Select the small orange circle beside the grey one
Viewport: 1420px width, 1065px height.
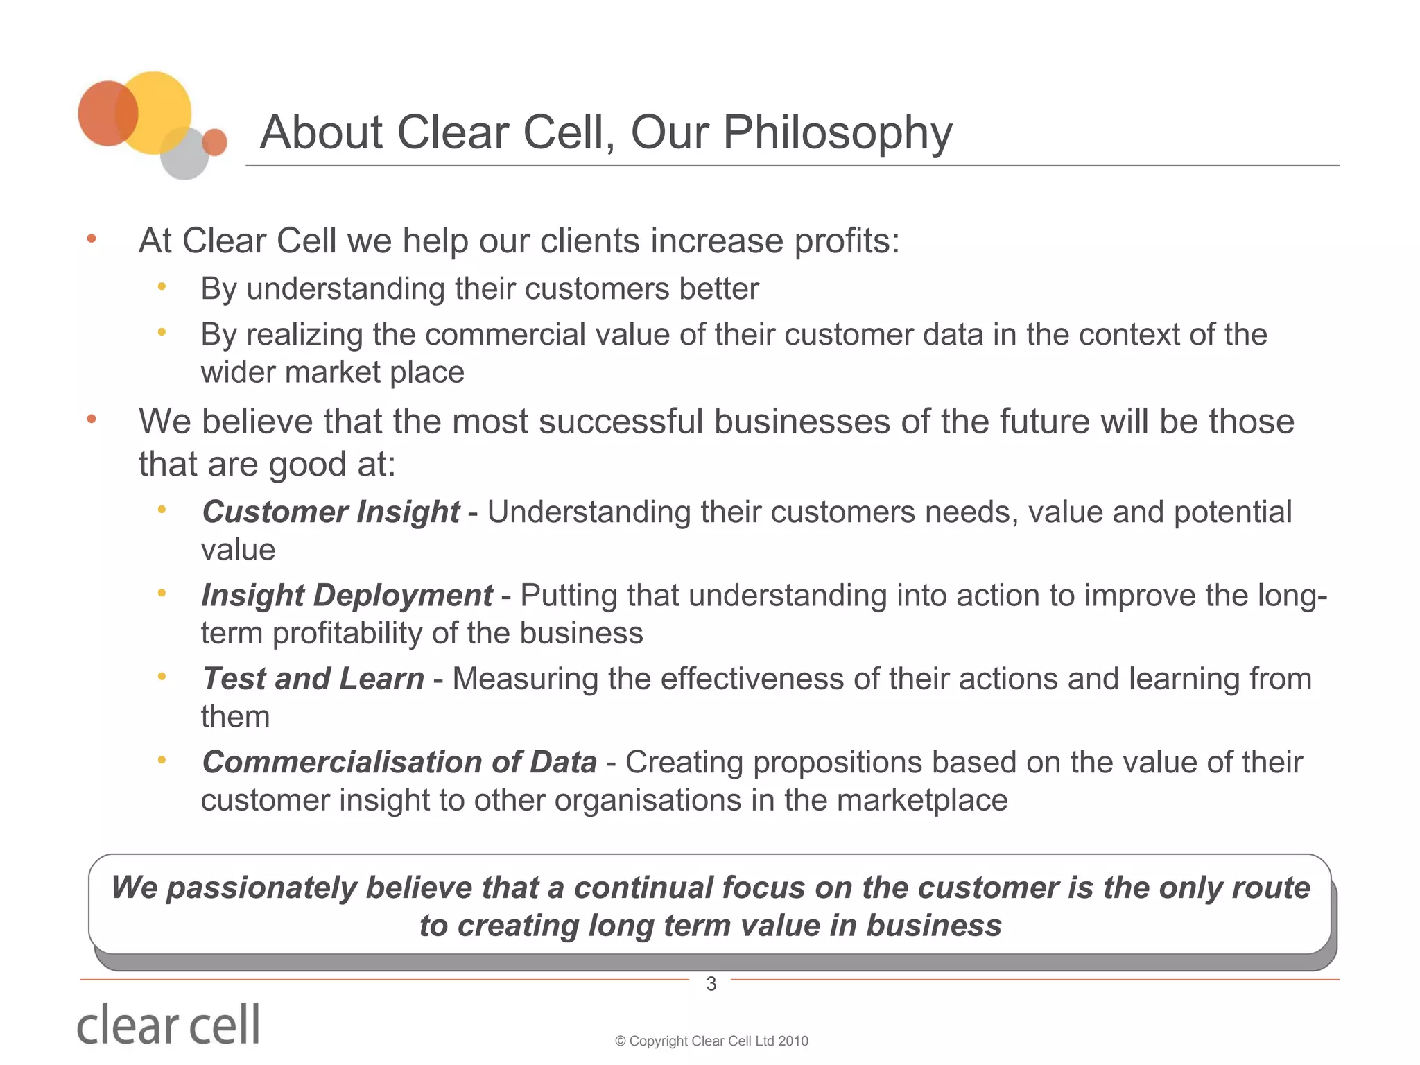pyautogui.click(x=215, y=142)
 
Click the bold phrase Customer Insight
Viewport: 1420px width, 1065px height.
pyautogui.click(x=331, y=512)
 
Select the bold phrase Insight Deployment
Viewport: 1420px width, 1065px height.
pyautogui.click(x=347, y=596)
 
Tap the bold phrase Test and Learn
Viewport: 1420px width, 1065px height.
pyautogui.click(x=313, y=679)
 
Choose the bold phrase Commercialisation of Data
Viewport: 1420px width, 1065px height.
pyautogui.click(x=399, y=762)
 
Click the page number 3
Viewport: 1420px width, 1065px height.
pyautogui.click(x=711, y=983)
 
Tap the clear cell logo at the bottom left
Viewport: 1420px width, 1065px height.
pyautogui.click(x=168, y=1024)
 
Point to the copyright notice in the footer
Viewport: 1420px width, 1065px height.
pyautogui.click(x=711, y=1041)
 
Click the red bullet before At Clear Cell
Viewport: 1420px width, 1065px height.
pyautogui.click(x=91, y=239)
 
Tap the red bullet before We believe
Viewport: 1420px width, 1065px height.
pyautogui.click(x=91, y=419)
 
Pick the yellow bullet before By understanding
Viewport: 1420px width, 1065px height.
pyautogui.click(x=162, y=286)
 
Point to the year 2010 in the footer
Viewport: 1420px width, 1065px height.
pyautogui.click(x=793, y=1041)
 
